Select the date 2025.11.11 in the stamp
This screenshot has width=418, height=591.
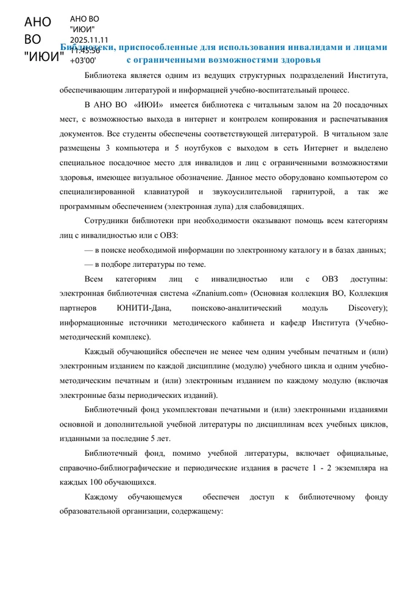89,40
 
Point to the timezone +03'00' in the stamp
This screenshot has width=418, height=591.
82,60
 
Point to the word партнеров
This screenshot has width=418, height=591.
78,308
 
